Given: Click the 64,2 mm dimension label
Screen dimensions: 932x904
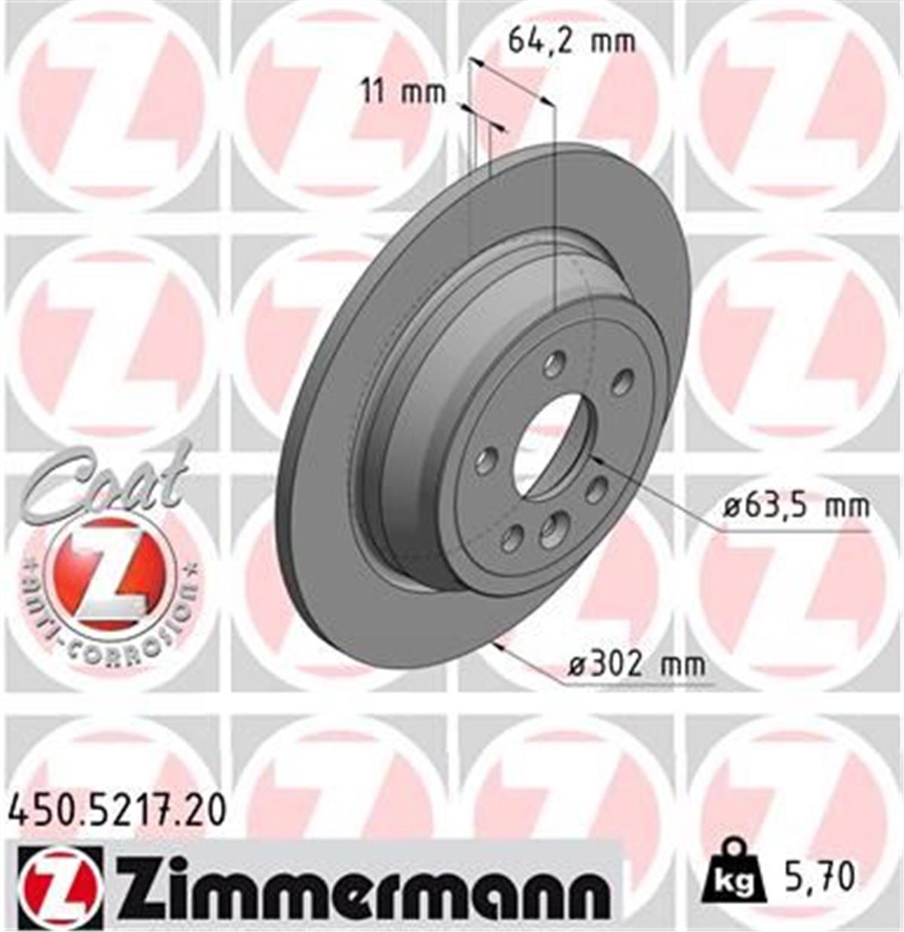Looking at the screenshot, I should [x=571, y=40].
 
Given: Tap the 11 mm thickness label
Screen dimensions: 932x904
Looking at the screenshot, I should [x=403, y=93].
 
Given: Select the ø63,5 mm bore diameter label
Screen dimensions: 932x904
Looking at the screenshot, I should [x=796, y=506].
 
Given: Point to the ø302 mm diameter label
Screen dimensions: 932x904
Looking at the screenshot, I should [x=637, y=665].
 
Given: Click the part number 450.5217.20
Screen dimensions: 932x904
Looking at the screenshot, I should [x=116, y=811].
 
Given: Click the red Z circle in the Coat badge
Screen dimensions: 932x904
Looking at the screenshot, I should [x=108, y=573].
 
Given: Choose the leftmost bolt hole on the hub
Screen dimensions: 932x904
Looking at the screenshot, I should [x=486, y=460].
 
